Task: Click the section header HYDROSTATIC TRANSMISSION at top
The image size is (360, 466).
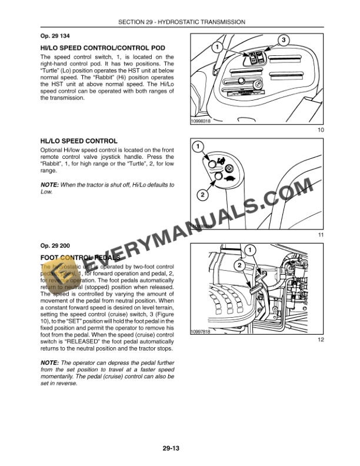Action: (181, 22)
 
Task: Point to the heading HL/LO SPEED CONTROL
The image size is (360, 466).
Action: (78, 141)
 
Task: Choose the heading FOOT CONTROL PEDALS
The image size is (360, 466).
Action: (80, 258)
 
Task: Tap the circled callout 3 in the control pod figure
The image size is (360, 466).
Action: (283, 40)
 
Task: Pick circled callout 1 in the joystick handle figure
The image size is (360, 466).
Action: (199, 146)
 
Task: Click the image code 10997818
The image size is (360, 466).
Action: (201, 332)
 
